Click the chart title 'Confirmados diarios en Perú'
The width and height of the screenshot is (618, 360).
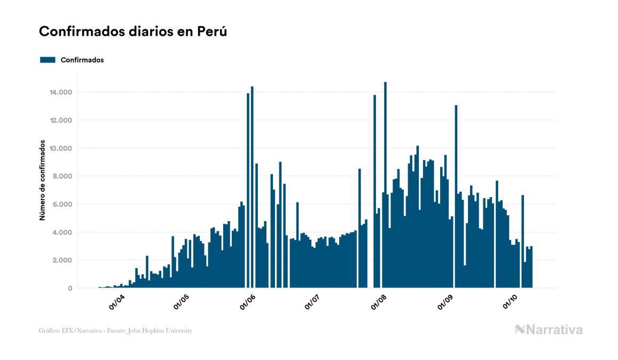pos(133,32)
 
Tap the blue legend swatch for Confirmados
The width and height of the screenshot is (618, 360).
pos(48,60)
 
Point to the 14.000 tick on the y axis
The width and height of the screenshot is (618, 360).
pos(61,92)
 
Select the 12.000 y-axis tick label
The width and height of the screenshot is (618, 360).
pos(61,120)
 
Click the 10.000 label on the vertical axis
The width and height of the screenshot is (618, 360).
pos(61,148)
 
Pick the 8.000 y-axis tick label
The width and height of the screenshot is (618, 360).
pos(63,176)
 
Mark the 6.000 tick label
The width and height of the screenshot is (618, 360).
pos(63,205)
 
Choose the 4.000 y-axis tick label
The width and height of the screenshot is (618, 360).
pos(63,232)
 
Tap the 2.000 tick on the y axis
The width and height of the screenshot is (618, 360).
pos(63,261)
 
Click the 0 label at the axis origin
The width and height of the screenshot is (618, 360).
pos(70,288)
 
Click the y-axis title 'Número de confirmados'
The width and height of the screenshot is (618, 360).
pos(42,182)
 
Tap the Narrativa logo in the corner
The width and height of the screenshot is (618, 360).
pos(549,330)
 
